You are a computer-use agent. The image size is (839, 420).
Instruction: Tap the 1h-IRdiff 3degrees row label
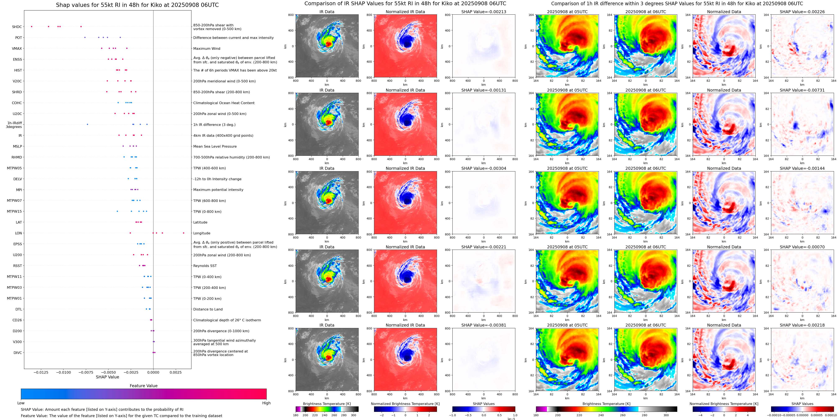coord(14,125)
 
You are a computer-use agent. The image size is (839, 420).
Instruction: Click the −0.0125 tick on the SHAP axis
coord(40,372)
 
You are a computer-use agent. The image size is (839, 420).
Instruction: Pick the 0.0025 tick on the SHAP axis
coord(176,372)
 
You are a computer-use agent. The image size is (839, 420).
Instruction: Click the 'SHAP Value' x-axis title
coord(107,377)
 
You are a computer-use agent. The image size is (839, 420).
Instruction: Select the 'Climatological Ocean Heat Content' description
coord(224,103)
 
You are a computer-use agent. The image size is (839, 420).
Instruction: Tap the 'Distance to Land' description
coord(208,309)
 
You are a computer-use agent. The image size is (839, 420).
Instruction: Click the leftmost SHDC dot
coord(32,26)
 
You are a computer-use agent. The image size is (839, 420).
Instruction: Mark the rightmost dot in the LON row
coord(184,233)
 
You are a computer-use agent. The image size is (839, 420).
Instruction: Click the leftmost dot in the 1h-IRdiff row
coord(87,124)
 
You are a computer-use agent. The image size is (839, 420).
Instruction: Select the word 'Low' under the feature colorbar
coord(21,403)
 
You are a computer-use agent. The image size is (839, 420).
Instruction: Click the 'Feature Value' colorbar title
coord(143,386)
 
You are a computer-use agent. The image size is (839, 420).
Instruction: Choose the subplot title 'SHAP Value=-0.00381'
coord(484,325)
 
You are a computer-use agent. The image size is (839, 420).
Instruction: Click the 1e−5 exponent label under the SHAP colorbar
coord(511,419)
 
